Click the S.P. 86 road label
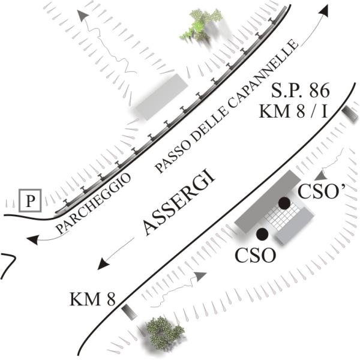(x=300, y=92)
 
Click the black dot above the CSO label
(x=262, y=233)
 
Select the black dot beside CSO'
(x=284, y=203)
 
